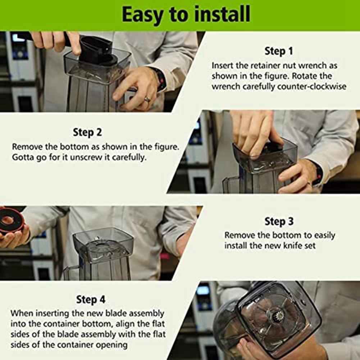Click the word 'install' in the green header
click(x=222, y=14)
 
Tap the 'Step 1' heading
click(x=279, y=51)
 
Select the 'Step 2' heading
click(x=87, y=132)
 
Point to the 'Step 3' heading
click(x=279, y=221)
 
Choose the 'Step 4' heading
click(x=91, y=299)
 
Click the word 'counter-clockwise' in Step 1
click(x=312, y=87)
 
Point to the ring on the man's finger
click(x=147, y=99)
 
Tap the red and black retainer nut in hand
click(x=11, y=220)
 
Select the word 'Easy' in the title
click(x=142, y=15)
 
